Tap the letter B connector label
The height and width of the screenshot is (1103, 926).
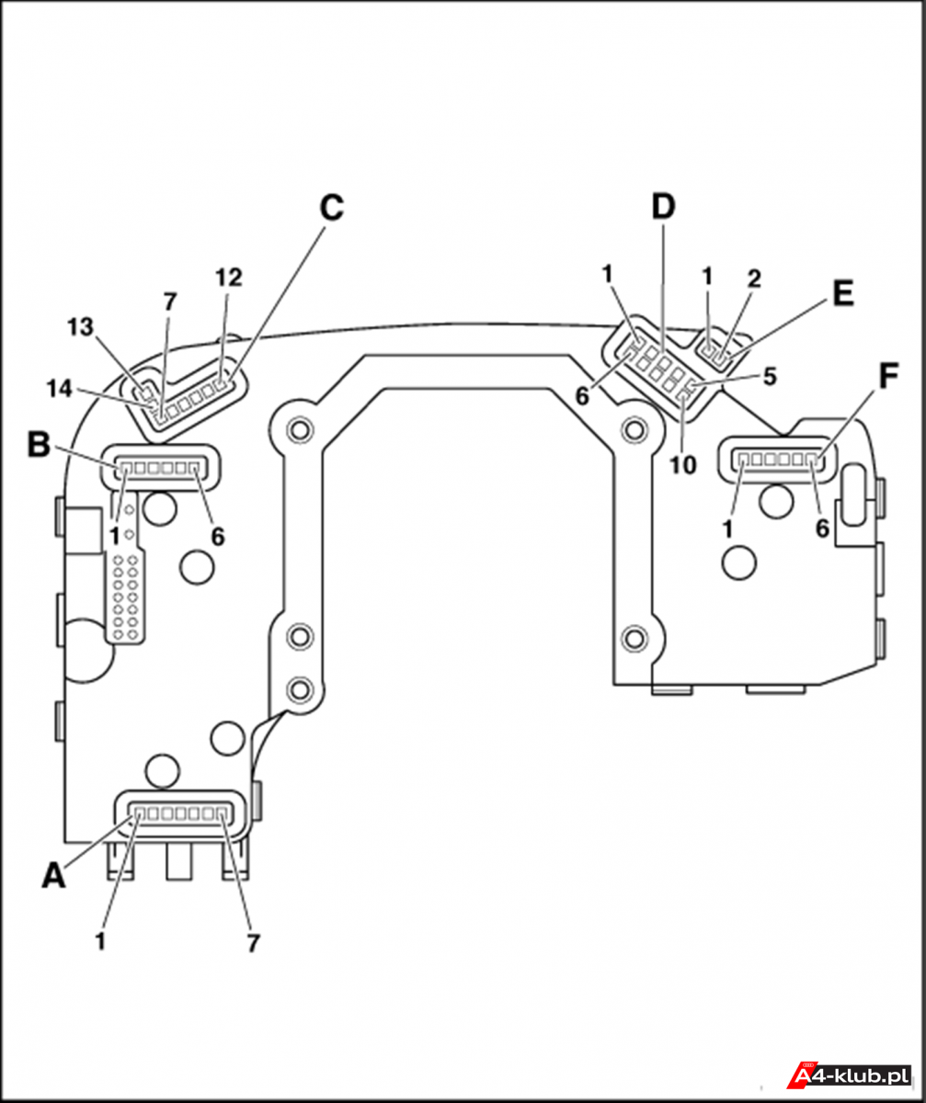tap(39, 444)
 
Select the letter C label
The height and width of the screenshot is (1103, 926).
tap(332, 207)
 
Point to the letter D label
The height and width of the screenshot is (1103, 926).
tap(663, 206)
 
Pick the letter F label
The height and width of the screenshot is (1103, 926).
tap(888, 376)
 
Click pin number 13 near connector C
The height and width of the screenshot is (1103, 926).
tap(80, 327)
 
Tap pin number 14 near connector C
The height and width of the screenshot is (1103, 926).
tap(60, 389)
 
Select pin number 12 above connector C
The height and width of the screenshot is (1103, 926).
tap(229, 278)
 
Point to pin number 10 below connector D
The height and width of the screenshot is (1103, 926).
tap(683, 465)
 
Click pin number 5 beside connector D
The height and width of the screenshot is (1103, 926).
tap(770, 377)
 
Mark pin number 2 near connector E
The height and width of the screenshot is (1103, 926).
tap(754, 279)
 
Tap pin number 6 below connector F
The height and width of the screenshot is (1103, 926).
tap(822, 529)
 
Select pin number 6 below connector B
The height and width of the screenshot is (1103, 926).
tap(218, 537)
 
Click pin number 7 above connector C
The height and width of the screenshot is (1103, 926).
tap(170, 302)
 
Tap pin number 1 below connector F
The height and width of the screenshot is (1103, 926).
tap(727, 529)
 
